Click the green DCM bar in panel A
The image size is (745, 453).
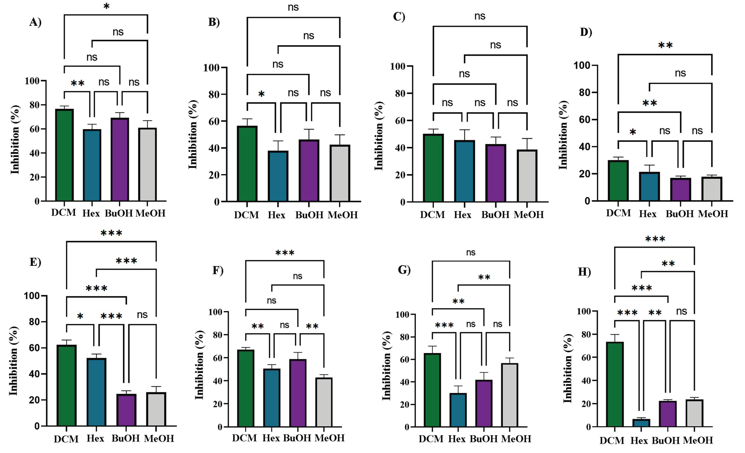tap(64, 155)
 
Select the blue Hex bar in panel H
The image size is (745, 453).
tap(639, 423)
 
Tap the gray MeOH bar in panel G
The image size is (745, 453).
tap(509, 395)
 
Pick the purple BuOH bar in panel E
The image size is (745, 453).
tap(126, 410)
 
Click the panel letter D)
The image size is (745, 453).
tap(586, 32)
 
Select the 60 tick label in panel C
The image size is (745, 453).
tap(401, 120)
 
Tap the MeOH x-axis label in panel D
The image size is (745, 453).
tap(713, 214)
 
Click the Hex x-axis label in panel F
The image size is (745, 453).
tap(271, 438)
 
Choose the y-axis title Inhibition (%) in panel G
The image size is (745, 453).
tap(386, 366)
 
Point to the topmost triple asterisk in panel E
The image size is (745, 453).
tap(111, 233)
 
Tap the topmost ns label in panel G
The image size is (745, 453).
tap(471, 252)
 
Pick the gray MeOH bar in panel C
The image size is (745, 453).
tap(527, 176)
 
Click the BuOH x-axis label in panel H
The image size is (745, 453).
tap(666, 440)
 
